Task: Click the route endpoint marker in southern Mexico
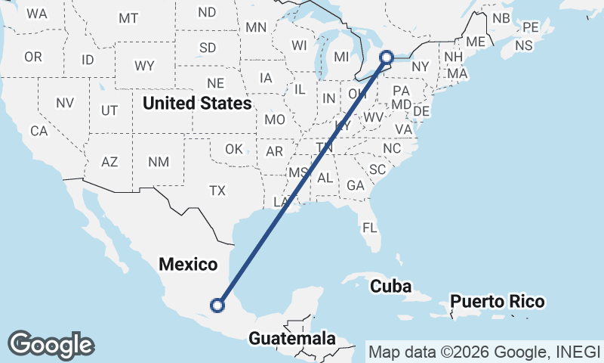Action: coord(217,306)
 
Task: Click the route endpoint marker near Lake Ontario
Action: coord(387,57)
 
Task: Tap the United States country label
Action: coord(197,102)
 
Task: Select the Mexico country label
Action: coord(187,265)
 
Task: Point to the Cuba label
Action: coord(390,287)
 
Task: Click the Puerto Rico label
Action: coord(497,302)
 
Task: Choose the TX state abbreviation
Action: coord(217,190)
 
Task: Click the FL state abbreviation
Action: coord(370,227)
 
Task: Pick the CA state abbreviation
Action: coord(39,130)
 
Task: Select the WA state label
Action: coord(36,14)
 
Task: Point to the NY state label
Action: coord(421,67)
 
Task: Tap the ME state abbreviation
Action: coord(476,42)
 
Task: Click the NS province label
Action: coord(523,45)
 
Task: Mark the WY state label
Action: coord(144,66)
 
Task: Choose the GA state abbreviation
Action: coord(355,185)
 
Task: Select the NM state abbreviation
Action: coord(159,161)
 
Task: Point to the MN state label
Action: coord(256,27)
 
